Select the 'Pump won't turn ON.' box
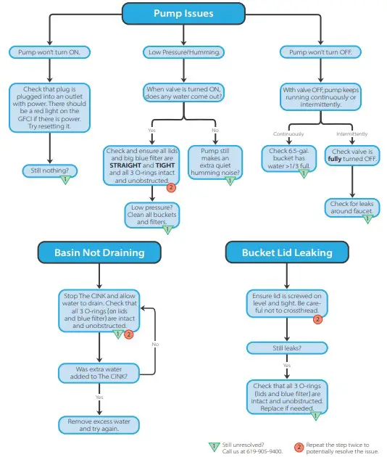click(x=49, y=52)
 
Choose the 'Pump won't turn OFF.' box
click(x=320, y=52)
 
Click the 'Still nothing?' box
click(x=49, y=171)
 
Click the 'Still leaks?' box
click(x=287, y=347)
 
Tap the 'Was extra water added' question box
click(x=97, y=373)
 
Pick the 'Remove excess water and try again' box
click(x=97, y=424)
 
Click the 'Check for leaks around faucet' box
click(x=350, y=208)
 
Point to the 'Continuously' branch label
click(x=288, y=134)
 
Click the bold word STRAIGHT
click(x=122, y=164)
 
